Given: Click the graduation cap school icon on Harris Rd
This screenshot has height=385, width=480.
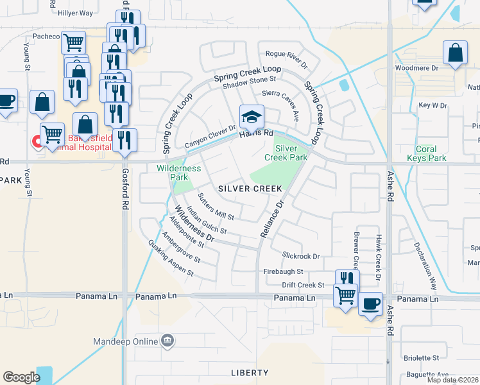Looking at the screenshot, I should pos(252,117).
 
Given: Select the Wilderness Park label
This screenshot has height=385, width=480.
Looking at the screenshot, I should pos(179,173).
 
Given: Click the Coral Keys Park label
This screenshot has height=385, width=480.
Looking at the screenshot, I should pos(427,153).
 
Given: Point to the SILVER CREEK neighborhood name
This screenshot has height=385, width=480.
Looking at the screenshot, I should pos(250,189).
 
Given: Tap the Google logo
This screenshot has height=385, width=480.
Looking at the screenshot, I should pos(21,377).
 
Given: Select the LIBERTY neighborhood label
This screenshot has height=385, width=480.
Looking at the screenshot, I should pos(250,373).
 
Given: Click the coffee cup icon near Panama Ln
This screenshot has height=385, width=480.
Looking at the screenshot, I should pos(370,304).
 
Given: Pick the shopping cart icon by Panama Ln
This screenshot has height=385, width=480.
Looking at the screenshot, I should pos(346,295).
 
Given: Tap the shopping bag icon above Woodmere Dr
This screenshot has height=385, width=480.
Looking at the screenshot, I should pos(455,53).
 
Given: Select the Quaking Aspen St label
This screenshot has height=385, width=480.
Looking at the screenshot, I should pos(170,257).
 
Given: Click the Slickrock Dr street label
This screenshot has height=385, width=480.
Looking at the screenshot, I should pos(300,256).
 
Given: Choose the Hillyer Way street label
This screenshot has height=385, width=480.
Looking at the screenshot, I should pos(75,13).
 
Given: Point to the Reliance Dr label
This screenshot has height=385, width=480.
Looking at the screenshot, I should pos(271,220).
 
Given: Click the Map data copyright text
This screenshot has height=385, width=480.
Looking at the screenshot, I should pos(452,380).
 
